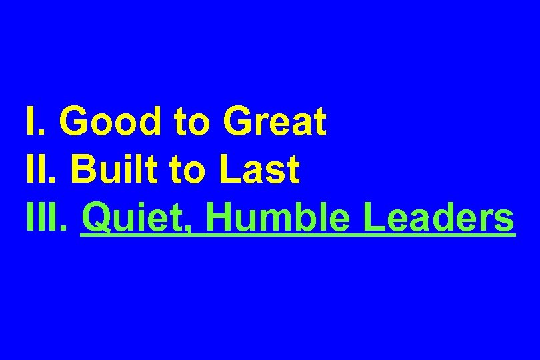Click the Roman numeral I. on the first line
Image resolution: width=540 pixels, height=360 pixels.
coord(34,121)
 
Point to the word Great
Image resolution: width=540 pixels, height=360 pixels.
coord(275,121)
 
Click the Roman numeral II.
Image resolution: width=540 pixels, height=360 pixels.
coord(41,170)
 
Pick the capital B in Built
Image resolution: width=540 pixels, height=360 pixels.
coord(81,170)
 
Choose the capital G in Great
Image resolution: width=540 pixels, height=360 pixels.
coord(238,121)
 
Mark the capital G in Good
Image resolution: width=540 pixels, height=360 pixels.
coord(73,121)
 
